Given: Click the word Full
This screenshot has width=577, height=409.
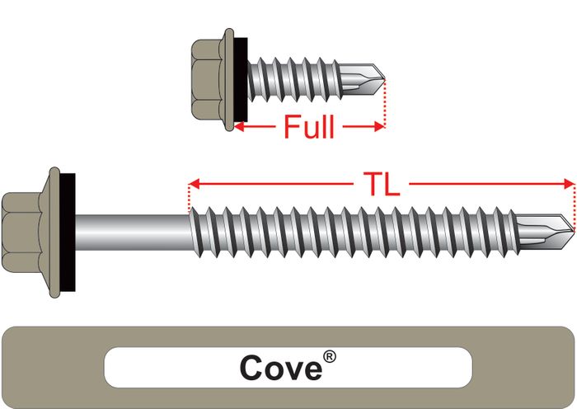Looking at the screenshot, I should (x=309, y=127).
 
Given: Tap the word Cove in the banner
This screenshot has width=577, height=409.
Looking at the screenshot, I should (x=279, y=368).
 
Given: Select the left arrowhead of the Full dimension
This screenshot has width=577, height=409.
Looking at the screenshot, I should (x=240, y=127).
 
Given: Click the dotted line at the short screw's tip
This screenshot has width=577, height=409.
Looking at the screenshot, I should (x=385, y=103).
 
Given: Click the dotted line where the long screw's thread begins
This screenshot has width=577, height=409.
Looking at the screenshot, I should (x=190, y=198).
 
